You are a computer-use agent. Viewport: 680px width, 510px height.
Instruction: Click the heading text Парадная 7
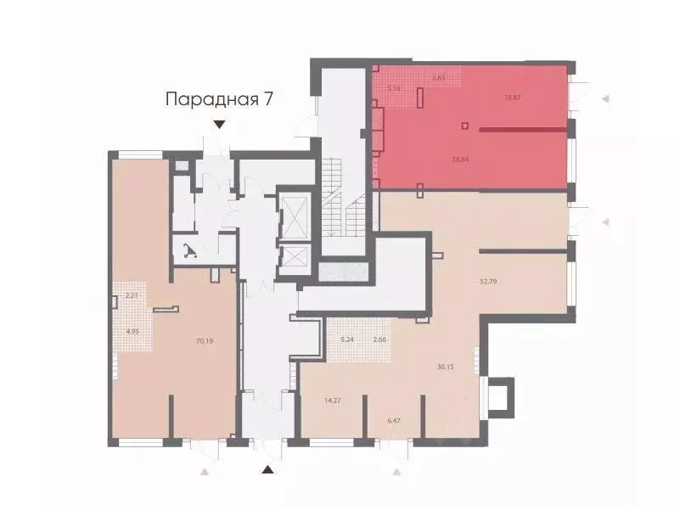point(219,99)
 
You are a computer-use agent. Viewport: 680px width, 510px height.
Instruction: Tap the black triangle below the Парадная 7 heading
point(219,126)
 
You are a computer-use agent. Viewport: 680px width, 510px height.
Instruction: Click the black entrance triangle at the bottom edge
point(267,470)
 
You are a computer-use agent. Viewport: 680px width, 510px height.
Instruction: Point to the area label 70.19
point(204,341)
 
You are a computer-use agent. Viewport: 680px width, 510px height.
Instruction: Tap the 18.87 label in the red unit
point(512,98)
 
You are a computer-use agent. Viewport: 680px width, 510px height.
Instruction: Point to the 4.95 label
point(132,332)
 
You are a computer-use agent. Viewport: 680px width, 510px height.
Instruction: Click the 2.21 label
point(132,296)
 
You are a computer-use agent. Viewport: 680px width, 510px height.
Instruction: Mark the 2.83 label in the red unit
point(439,78)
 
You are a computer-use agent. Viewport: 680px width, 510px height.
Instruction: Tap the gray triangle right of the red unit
point(605,99)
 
